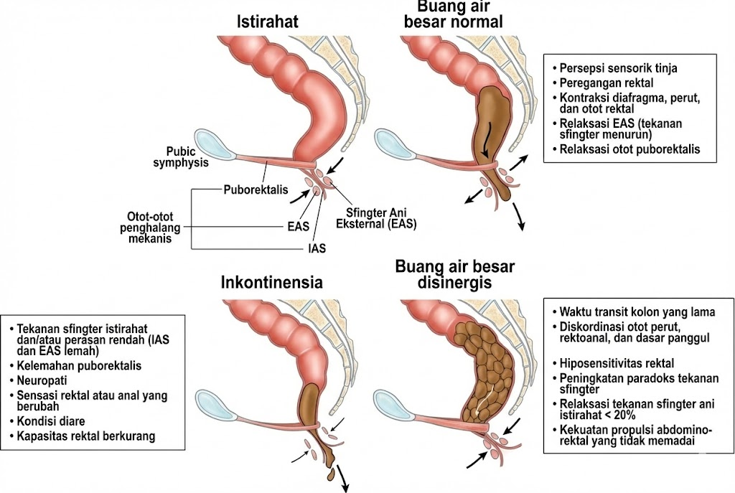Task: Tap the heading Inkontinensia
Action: pyautogui.click(x=272, y=282)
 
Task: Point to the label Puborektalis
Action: pyautogui.click(x=255, y=190)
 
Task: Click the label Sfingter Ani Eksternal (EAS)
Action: pyautogui.click(x=376, y=216)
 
